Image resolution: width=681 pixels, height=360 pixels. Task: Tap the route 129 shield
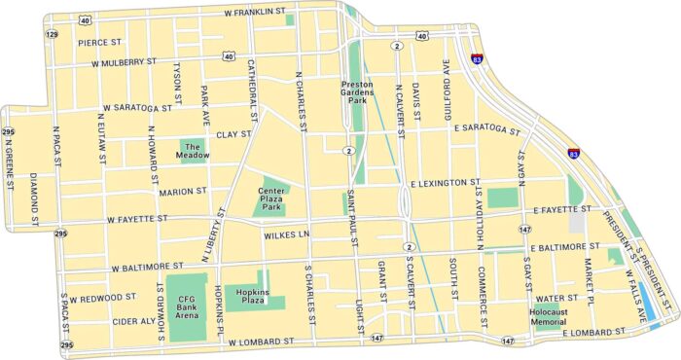click(x=51, y=34)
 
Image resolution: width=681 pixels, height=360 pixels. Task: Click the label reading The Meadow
click(x=193, y=152)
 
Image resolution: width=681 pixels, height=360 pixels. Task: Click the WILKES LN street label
click(x=285, y=235)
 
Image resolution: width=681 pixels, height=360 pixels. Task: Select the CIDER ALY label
click(x=133, y=320)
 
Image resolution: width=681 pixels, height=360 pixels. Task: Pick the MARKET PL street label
click(x=589, y=279)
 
